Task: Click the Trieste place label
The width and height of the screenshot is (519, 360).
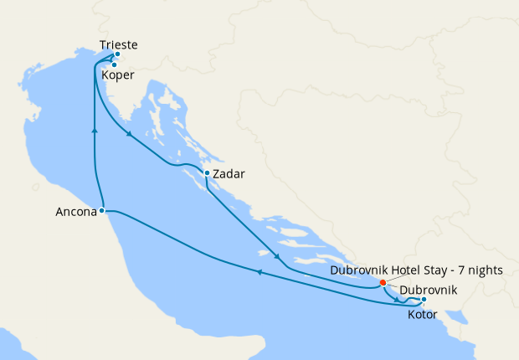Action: pyautogui.click(x=118, y=45)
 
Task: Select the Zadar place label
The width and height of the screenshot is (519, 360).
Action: pyautogui.click(x=229, y=175)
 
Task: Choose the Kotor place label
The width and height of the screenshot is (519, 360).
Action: pyautogui.click(x=423, y=315)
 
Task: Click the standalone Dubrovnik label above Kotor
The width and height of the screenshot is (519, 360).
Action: pyautogui.click(x=428, y=290)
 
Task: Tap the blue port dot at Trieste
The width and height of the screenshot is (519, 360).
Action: pyautogui.click(x=117, y=55)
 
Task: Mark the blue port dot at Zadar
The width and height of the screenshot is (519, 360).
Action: pyautogui.click(x=207, y=174)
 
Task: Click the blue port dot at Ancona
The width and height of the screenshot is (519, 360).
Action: pyautogui.click(x=101, y=211)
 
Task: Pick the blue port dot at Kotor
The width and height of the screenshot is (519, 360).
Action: pyautogui.click(x=424, y=300)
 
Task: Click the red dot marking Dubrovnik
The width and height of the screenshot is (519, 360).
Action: pyautogui.click(x=383, y=282)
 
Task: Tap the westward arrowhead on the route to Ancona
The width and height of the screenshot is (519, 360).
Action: pyautogui.click(x=259, y=272)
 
